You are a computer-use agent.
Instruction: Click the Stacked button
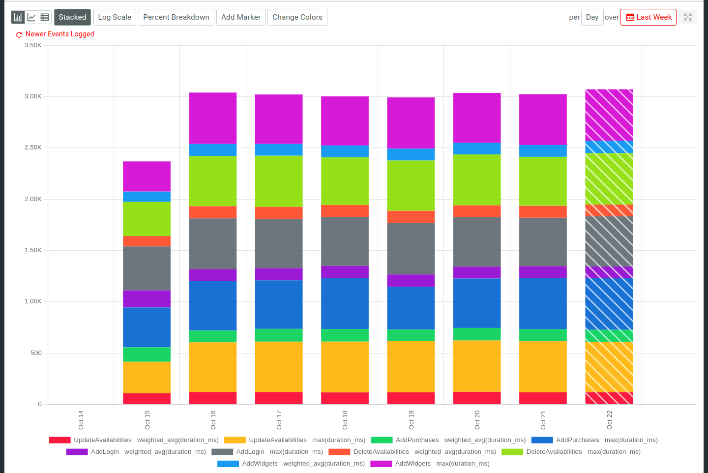tap(72, 17)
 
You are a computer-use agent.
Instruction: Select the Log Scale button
tap(115, 17)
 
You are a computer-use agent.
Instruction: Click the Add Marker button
tap(240, 17)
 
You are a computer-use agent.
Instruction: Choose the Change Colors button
tap(297, 17)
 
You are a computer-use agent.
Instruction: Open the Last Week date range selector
tap(648, 17)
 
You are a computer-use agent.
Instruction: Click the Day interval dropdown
tap(592, 17)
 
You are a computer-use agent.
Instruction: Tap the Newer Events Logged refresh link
tap(55, 34)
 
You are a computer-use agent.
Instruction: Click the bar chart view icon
tap(18, 17)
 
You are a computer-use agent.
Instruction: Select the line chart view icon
tap(31, 17)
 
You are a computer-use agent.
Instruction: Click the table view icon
tap(45, 17)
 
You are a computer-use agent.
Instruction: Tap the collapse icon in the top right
tap(687, 17)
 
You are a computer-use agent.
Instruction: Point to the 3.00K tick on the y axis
tap(33, 96)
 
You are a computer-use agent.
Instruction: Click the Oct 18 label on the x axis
tap(345, 420)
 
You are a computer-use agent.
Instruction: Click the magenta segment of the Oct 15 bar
tap(147, 176)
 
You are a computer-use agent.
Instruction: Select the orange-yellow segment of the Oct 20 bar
tap(476, 366)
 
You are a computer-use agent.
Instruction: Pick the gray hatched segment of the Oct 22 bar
tap(609, 241)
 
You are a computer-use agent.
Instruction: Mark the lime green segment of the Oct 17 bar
tap(279, 181)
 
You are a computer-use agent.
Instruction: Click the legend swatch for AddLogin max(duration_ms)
tap(222, 452)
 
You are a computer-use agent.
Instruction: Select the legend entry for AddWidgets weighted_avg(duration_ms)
tap(291, 464)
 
